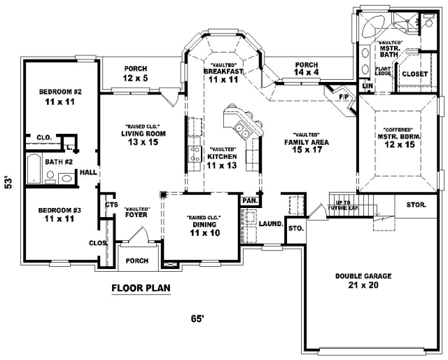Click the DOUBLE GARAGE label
click(363, 276)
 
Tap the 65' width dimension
click(197, 319)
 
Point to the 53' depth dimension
click(9, 184)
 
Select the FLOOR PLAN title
click(141, 288)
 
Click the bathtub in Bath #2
click(34, 169)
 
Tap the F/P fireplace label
click(344, 97)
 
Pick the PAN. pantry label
click(250, 201)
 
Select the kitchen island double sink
click(241, 130)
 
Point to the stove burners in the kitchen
click(195, 154)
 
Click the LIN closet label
click(367, 85)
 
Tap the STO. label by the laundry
click(295, 228)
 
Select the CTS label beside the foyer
click(111, 205)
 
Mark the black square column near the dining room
click(163, 195)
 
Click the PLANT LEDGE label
click(383, 71)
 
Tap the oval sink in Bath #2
click(66, 179)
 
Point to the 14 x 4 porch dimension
click(307, 72)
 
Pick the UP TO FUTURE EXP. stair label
click(343, 205)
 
